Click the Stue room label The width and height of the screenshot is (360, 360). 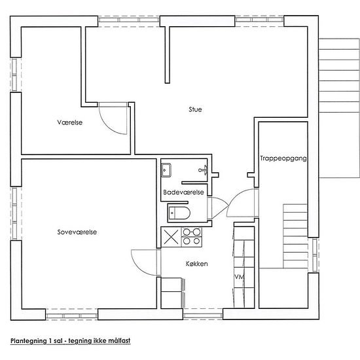tap(195, 109)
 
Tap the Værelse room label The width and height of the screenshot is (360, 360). tap(70, 122)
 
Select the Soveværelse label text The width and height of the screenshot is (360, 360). tap(77, 232)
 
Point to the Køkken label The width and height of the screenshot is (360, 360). tap(197, 264)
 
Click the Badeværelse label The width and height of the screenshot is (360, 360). tap(183, 192)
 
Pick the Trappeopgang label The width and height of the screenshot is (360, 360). tap(283, 158)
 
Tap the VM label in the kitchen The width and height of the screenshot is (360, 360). tap(239, 277)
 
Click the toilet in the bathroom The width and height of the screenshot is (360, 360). tap(179, 213)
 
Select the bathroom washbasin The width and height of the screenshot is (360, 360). tap(166, 170)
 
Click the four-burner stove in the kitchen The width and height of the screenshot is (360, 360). tap(192, 237)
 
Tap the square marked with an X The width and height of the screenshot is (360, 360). tap(171, 237)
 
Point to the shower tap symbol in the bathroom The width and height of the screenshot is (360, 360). tap(204, 170)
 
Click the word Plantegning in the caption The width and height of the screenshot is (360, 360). tap(28, 341)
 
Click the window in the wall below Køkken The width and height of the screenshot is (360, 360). tap(203, 314)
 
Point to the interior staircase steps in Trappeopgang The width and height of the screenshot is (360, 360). tap(295, 236)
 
